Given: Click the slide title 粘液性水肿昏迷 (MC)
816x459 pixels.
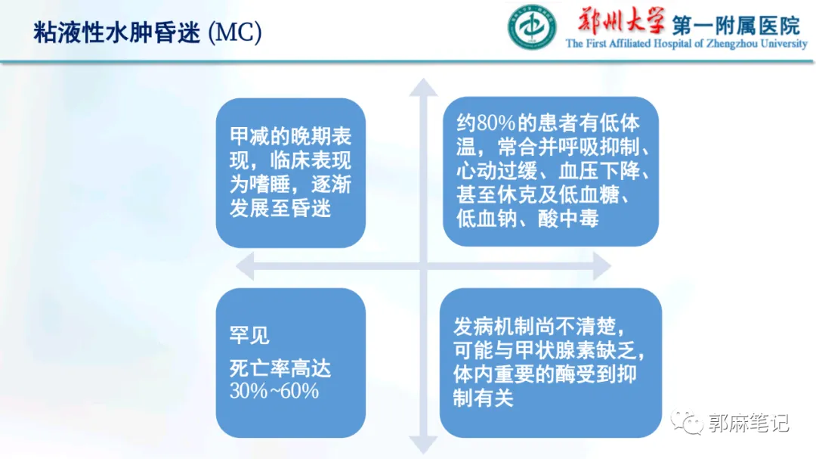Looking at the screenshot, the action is [x=147, y=34].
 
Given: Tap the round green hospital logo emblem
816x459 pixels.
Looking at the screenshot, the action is [x=531, y=29].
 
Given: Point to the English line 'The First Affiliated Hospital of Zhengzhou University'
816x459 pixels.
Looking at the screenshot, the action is [x=686, y=44].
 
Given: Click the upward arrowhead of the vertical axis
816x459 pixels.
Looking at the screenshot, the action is [x=423, y=87].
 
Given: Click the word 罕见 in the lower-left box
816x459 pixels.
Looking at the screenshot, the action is [x=249, y=335].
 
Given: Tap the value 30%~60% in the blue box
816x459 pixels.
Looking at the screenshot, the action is [x=274, y=391].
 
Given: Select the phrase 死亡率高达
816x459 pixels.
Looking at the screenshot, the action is [x=280, y=369].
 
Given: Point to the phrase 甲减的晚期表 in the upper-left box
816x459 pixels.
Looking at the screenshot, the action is [x=291, y=136].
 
